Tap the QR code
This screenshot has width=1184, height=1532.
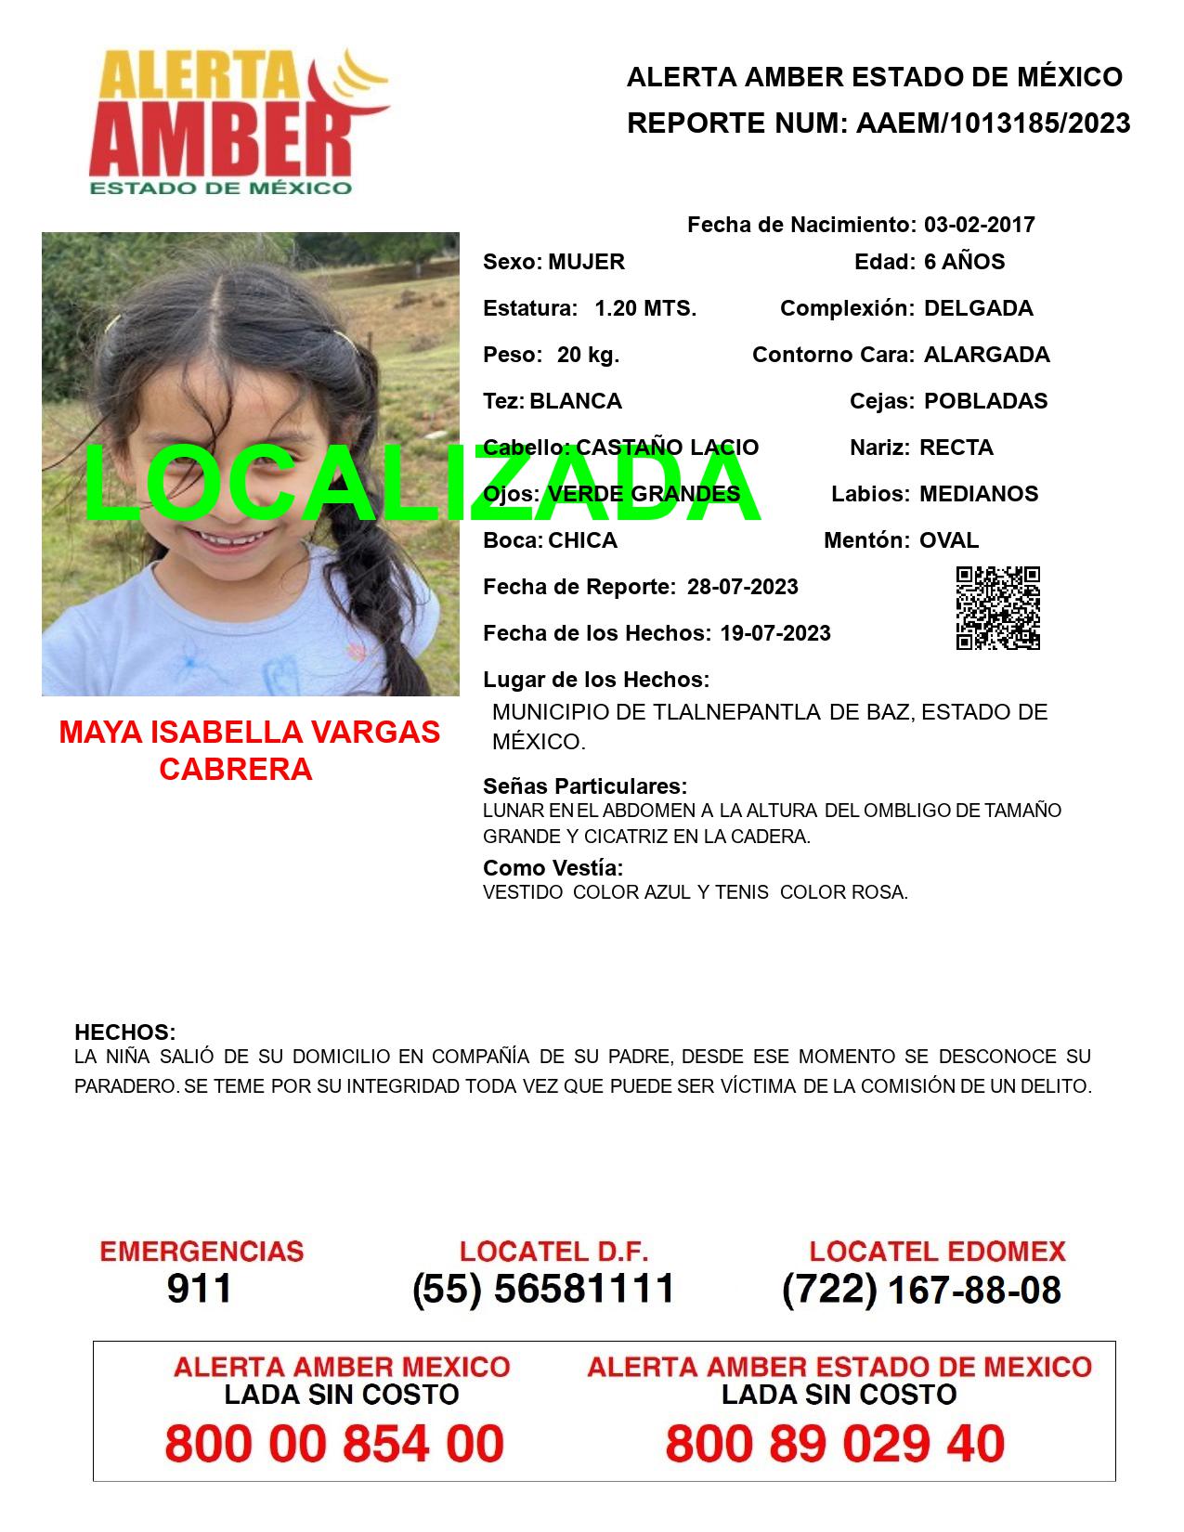click(x=997, y=607)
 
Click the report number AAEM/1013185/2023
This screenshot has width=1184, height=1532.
click(x=993, y=123)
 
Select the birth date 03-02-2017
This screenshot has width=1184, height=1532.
click(x=979, y=225)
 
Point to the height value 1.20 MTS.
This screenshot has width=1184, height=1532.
click(x=644, y=308)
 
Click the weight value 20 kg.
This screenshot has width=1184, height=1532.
click(x=588, y=355)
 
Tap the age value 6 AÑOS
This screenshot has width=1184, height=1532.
click(x=964, y=262)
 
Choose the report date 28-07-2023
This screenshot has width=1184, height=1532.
click(x=742, y=587)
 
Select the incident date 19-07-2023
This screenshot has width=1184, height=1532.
click(x=774, y=633)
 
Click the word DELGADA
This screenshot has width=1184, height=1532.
click(x=978, y=308)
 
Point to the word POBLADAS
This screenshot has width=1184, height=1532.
click(x=985, y=401)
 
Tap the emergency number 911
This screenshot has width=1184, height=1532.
click(x=200, y=1289)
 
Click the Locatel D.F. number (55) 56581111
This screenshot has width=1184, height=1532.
click(x=543, y=1289)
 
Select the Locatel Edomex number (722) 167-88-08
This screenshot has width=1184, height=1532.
click(x=921, y=1290)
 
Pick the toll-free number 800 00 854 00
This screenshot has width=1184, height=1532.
click(x=334, y=1444)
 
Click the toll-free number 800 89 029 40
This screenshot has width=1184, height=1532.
click(x=835, y=1444)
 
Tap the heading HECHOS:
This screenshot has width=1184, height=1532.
click(x=124, y=1032)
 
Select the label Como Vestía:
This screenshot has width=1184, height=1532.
click(x=553, y=868)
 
